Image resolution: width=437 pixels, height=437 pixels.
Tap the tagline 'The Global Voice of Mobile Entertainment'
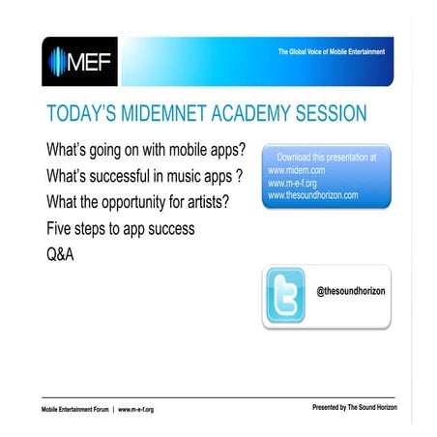[330, 50]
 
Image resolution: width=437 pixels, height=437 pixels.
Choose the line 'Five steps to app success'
[120, 229]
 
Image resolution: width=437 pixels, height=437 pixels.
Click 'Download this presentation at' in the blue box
[327, 156]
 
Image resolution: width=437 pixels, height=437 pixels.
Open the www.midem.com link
[297, 169]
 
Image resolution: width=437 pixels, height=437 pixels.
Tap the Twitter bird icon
[285, 297]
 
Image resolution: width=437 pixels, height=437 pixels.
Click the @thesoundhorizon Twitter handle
[352, 290]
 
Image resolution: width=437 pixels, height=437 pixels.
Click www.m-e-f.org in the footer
[135, 409]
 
